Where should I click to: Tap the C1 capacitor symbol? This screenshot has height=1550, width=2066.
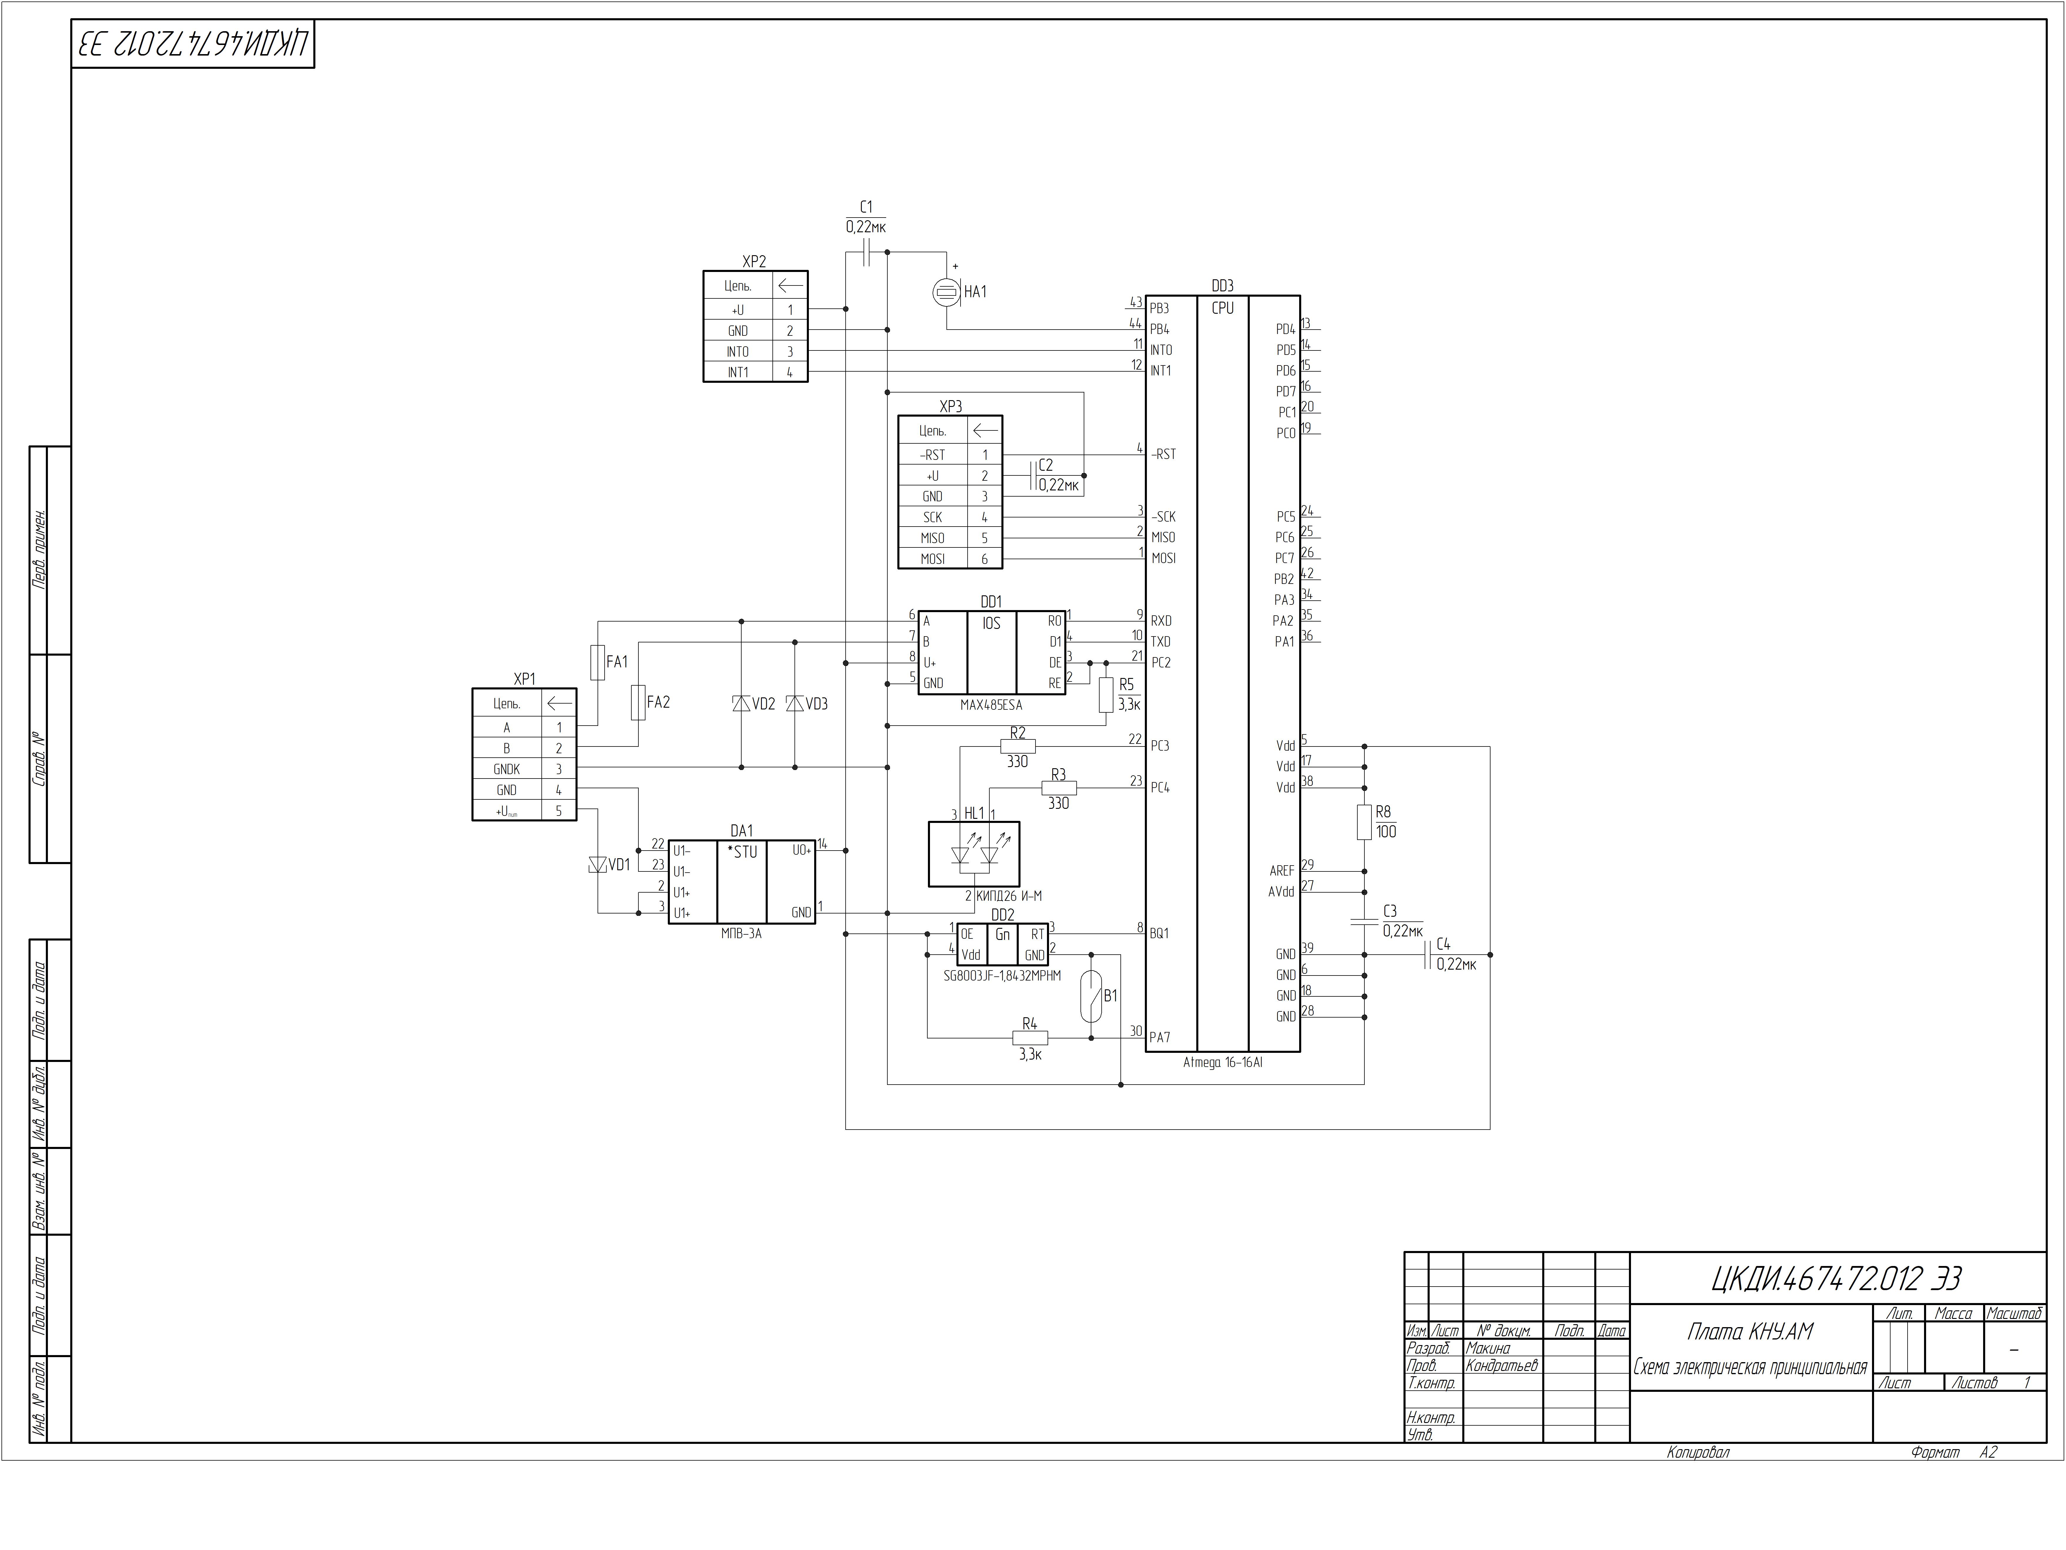tap(866, 252)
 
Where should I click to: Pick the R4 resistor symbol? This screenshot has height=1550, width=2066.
tap(1030, 1037)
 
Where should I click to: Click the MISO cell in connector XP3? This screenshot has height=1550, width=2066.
tap(932, 538)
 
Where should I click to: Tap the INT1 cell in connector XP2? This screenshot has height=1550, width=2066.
tap(738, 372)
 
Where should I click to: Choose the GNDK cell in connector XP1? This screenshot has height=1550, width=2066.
tap(507, 769)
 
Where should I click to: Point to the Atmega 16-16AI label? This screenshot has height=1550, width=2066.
tap(1223, 1062)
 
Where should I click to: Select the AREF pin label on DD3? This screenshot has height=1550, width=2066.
tap(1282, 871)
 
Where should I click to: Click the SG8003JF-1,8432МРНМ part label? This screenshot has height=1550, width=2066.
tap(1002, 976)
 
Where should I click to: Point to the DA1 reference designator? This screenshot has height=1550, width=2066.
tap(742, 831)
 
